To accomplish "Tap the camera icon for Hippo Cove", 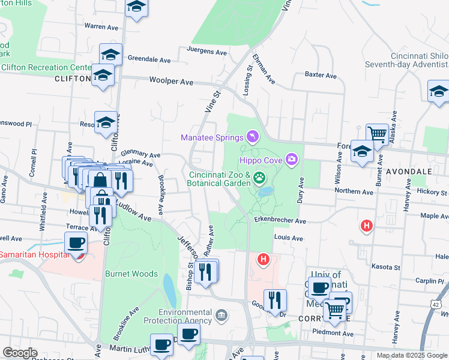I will (x=292, y=159).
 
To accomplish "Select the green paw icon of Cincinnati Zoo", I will (x=259, y=176).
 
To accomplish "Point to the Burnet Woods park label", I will (x=131, y=274).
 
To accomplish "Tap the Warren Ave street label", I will (x=101, y=26).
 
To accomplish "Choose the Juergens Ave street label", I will (x=207, y=52).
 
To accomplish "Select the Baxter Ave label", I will (x=321, y=75).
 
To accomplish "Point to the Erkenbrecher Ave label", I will (x=280, y=221).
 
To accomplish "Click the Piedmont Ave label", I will (x=348, y=334).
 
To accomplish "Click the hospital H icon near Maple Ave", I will (x=366, y=226).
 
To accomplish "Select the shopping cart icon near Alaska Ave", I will (x=377, y=133).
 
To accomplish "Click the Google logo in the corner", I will (x=19, y=353).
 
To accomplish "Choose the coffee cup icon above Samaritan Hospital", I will (x=76, y=242).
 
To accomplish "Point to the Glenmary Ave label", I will (x=140, y=154).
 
